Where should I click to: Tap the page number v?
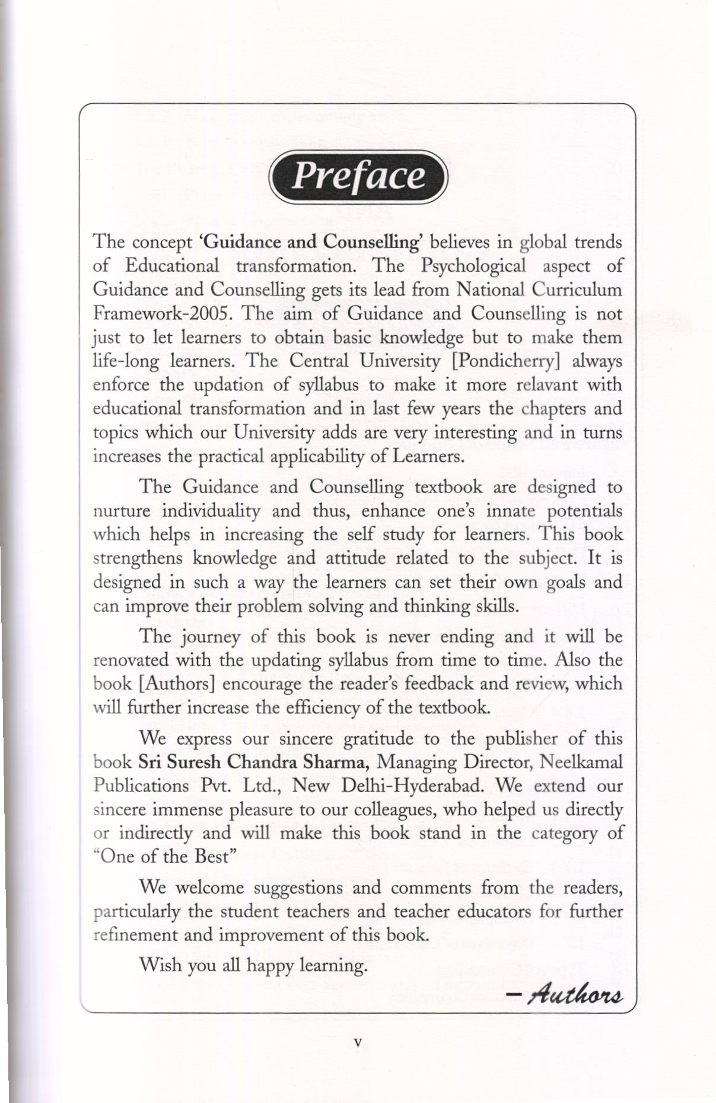357,1042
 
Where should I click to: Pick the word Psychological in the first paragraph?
473,266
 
